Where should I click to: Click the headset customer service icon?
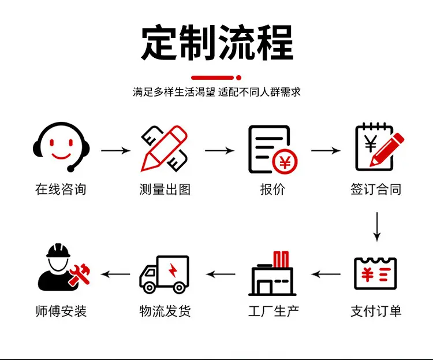61,147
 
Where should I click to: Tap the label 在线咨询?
61,190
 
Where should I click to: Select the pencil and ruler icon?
165,149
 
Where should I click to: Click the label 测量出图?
165,190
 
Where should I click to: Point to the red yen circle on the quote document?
285,162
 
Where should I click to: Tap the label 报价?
273,190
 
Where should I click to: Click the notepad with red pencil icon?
379,147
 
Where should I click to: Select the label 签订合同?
376,190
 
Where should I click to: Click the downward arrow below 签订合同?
377,227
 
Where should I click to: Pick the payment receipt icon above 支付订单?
376,273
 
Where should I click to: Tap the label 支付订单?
376,311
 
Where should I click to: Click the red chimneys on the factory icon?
281,259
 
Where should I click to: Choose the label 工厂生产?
274,311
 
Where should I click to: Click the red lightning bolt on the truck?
173,270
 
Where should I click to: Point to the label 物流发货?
165,311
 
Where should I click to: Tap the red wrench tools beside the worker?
80,274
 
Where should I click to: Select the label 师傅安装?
61,311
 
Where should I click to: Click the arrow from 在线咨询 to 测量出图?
115,150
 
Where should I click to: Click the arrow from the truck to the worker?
115,274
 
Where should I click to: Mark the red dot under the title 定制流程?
239,77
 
